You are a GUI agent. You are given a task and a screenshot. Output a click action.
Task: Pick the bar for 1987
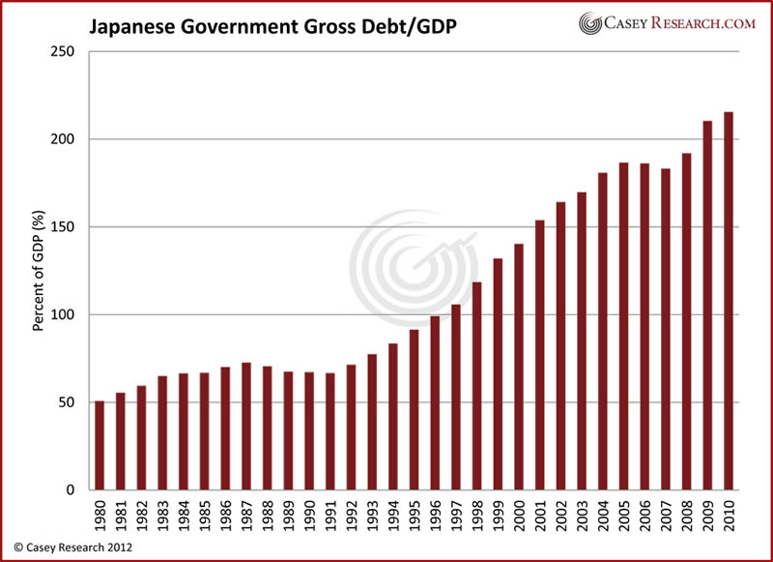click(246, 427)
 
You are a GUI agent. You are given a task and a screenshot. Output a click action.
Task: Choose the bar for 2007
click(665, 329)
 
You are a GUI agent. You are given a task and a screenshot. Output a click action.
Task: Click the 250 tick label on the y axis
click(65, 52)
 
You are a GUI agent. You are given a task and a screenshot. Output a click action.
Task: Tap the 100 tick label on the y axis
click(65, 315)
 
